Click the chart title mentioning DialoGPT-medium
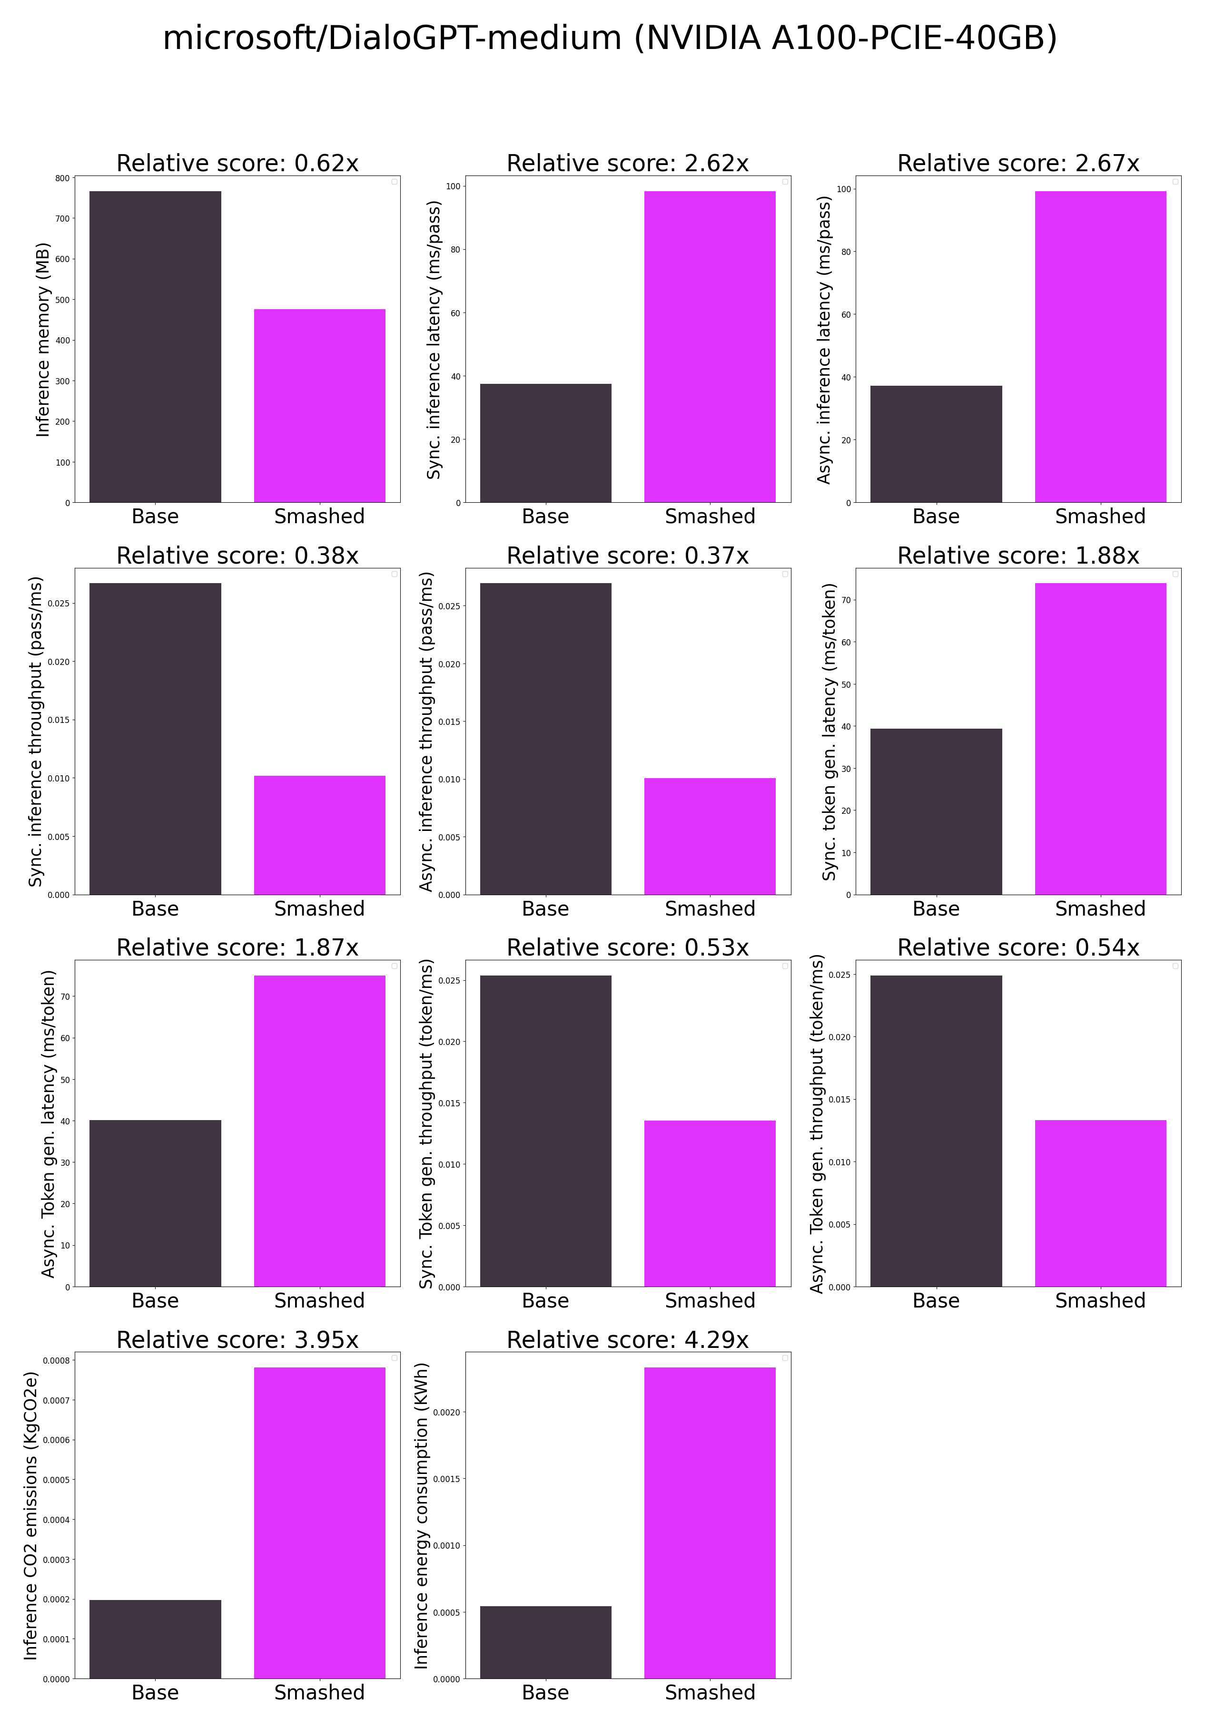610,38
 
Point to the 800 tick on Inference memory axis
62,178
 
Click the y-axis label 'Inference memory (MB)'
43,339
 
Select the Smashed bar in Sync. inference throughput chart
319,835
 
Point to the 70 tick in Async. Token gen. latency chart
66,996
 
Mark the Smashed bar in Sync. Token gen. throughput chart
709,1203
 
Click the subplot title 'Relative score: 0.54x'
1017,948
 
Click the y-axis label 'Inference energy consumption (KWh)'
422,1516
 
